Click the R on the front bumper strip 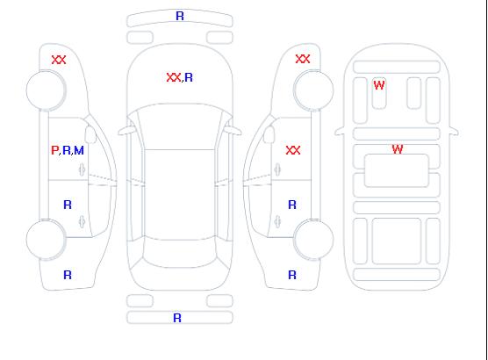[180, 16]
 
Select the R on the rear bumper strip [177, 318]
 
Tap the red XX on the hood [174, 77]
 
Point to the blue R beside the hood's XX [189, 77]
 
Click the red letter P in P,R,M [54, 150]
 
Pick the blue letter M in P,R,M [79, 150]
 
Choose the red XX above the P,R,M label [59, 60]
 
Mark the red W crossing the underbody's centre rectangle [398, 149]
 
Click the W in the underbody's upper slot [379, 85]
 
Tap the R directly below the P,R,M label [68, 205]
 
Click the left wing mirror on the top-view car [126, 131]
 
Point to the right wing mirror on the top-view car [233, 131]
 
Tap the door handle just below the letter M [82, 169]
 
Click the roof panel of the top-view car [180, 195]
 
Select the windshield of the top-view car [180, 126]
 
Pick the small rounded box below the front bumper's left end [140, 38]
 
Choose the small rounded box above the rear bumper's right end [219, 301]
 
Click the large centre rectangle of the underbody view [397, 170]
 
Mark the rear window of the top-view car [180, 253]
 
